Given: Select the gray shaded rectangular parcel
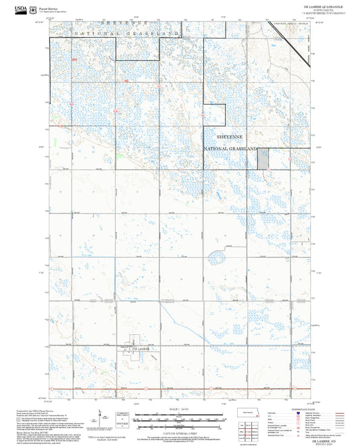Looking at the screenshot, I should pos(263,157).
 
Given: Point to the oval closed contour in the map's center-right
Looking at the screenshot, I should pos(218,257).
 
